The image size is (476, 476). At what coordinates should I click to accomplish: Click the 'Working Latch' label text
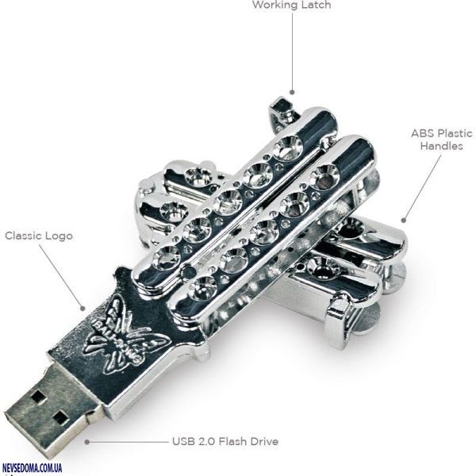click(291, 6)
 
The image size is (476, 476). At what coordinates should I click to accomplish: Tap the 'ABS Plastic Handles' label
click(441, 140)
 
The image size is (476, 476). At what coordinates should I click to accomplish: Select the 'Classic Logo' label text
click(38, 236)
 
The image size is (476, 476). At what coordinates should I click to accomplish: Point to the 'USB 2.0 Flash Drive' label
click(225, 441)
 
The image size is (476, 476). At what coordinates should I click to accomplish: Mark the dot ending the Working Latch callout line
click(291, 93)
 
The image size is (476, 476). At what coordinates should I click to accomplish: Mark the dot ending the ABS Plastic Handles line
click(402, 221)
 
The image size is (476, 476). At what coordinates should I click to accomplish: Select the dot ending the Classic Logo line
click(82, 308)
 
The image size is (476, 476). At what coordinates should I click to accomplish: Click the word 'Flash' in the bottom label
click(236, 441)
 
